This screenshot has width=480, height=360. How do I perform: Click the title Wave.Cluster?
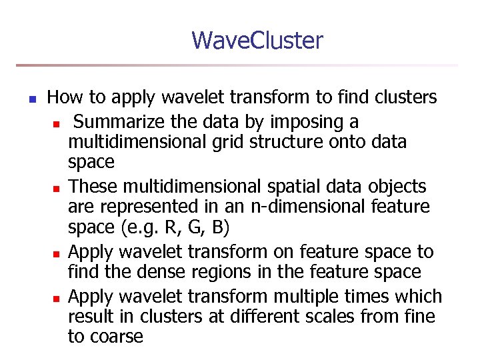pyautogui.click(x=257, y=41)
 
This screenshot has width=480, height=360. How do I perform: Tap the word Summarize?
pyautogui.click(x=122, y=123)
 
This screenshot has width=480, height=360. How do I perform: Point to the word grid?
pyautogui.click(x=221, y=142)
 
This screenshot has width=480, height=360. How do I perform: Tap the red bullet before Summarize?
pyautogui.click(x=57, y=124)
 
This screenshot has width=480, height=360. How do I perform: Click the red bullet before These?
pyautogui.click(x=57, y=188)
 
